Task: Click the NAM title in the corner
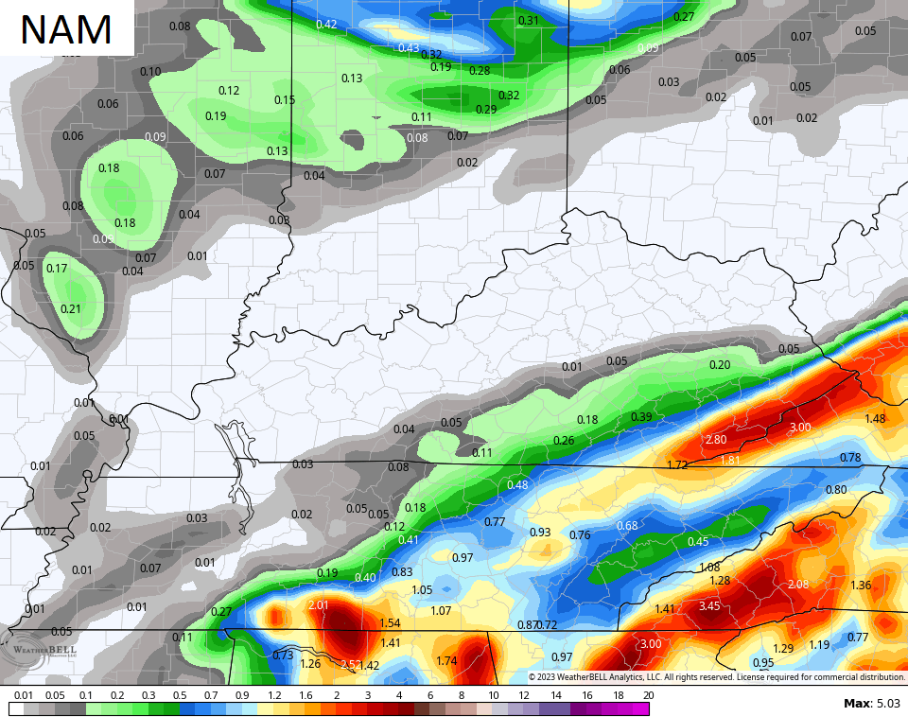(66, 29)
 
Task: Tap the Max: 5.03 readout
(871, 703)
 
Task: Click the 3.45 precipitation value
(709, 605)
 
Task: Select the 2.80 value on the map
(716, 440)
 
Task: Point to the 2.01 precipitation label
(318, 605)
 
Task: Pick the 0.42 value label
(326, 24)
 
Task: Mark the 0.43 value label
(409, 47)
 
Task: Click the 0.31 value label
(529, 21)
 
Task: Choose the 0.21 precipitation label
(71, 308)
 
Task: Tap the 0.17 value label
(57, 268)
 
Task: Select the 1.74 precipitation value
(447, 660)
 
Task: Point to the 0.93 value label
(540, 533)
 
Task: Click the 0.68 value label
(627, 526)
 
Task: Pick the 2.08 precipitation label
(797, 585)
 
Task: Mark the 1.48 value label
(875, 418)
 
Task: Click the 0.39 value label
(641, 416)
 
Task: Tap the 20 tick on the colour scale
(648, 695)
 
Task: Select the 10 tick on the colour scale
(493, 695)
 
